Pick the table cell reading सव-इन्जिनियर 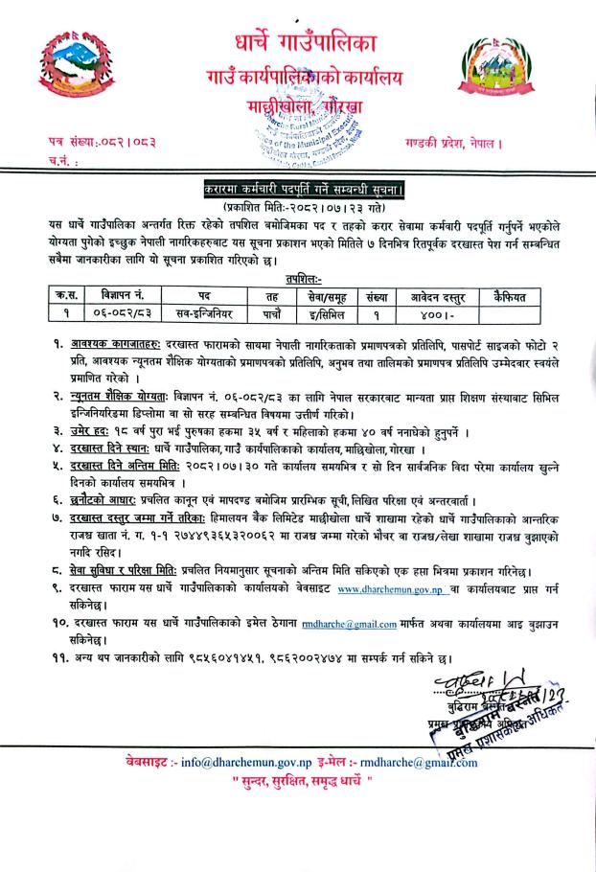(204, 311)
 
